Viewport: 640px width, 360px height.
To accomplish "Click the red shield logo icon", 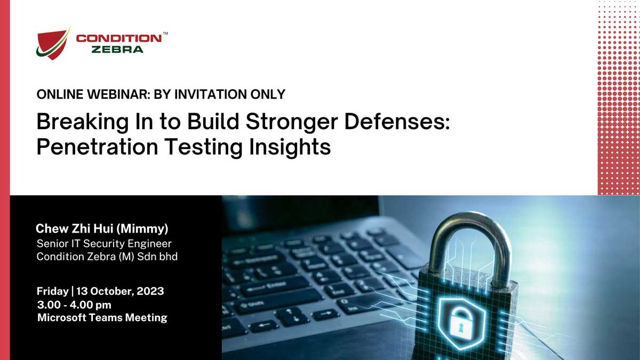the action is (x=53, y=43).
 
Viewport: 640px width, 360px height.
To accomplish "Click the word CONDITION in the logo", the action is (x=119, y=38).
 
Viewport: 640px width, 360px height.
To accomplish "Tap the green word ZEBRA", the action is (x=117, y=50).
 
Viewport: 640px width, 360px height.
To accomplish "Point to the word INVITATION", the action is (x=211, y=94).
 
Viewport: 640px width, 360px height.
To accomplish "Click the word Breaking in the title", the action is (x=83, y=122).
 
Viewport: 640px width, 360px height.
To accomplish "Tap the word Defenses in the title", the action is (x=397, y=122).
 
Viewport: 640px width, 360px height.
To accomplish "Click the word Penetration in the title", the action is (x=98, y=147).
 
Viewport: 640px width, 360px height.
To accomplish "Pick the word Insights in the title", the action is (x=290, y=147).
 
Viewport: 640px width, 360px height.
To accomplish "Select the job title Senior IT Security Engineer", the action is (x=104, y=244).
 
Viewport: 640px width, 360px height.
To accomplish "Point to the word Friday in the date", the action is (x=53, y=291).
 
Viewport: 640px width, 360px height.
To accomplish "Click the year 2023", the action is (x=150, y=291).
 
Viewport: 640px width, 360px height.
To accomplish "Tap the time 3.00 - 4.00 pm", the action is (x=74, y=305).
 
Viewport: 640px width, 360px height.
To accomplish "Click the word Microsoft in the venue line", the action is (x=62, y=317).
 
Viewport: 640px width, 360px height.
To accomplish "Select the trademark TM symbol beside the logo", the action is (x=165, y=34).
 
